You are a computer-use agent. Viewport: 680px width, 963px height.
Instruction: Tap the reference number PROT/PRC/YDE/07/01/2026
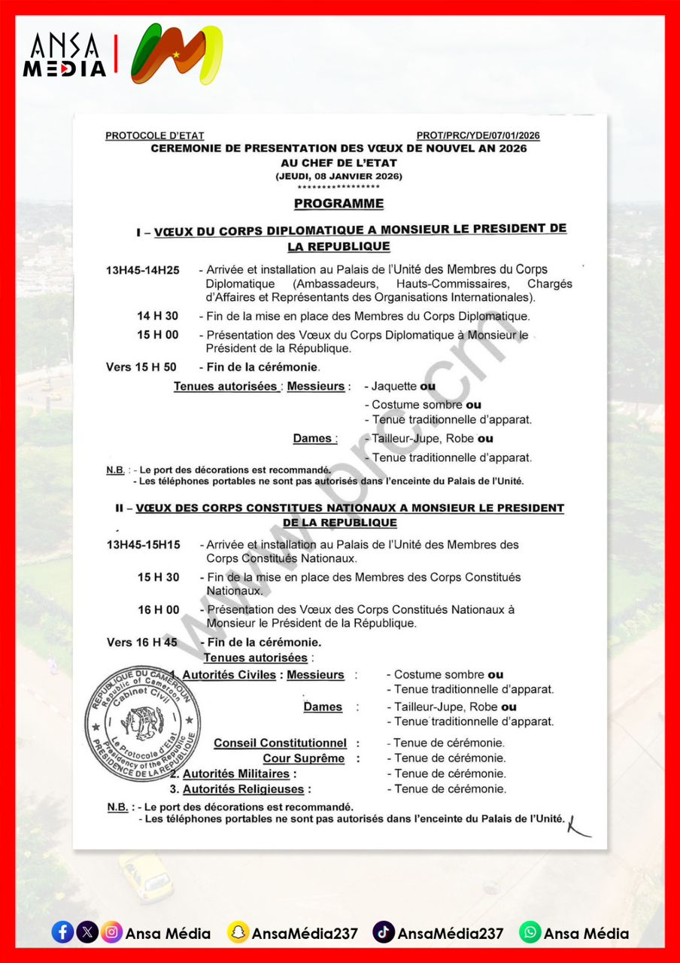point(478,136)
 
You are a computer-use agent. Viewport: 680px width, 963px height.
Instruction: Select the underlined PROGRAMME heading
point(338,204)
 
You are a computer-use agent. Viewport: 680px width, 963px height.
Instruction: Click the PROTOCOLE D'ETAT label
point(154,136)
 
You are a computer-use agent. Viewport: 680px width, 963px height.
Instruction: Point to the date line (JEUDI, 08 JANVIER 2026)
point(338,176)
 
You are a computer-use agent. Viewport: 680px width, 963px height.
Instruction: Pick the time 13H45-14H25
point(143,270)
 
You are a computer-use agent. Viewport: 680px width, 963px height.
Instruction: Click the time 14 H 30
point(158,316)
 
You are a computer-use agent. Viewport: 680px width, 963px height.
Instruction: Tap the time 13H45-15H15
point(143,545)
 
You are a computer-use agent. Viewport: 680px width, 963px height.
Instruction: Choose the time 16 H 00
point(158,609)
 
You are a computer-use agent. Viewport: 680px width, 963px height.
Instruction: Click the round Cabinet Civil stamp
point(143,723)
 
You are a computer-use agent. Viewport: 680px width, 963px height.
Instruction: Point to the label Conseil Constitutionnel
point(280,743)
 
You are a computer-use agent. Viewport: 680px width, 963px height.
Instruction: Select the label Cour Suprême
point(303,759)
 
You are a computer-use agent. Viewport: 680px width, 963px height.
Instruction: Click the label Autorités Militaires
point(235,774)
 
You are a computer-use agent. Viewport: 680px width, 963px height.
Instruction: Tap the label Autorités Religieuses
point(243,790)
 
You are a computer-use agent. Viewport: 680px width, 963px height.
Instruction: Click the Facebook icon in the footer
point(62,933)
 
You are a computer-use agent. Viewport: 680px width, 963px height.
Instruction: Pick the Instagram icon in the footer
point(111,933)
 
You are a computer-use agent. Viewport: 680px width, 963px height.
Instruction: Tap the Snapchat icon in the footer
point(238,933)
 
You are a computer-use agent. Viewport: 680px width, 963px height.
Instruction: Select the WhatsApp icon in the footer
point(530,933)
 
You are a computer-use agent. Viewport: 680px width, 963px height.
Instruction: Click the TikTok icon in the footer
point(384,933)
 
